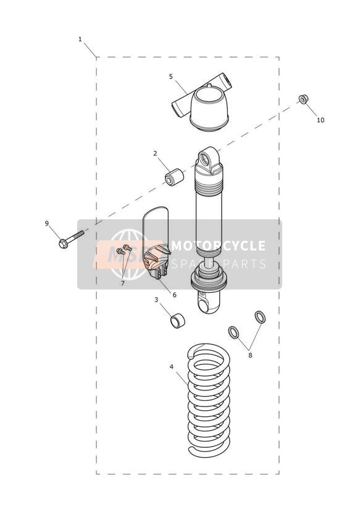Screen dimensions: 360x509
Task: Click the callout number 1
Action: [x=80, y=40]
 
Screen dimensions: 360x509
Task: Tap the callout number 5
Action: [x=171, y=77]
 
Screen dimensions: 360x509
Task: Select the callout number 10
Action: [x=320, y=120]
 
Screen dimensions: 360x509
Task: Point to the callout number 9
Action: [x=47, y=224]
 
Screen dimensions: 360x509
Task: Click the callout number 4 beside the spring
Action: [x=172, y=367]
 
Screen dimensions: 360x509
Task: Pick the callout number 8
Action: [x=250, y=355]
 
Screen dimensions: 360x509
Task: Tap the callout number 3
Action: [x=156, y=300]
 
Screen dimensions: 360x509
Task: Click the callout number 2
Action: [x=155, y=153]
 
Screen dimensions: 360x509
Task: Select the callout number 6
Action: [x=174, y=295]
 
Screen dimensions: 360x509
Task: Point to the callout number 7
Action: [x=123, y=284]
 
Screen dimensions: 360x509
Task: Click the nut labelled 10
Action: [x=304, y=99]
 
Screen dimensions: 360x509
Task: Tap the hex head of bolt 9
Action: [x=64, y=243]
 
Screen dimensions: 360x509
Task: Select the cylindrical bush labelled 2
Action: [x=174, y=177]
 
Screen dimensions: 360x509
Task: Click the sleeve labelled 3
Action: [x=177, y=321]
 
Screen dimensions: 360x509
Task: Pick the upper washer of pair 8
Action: [x=260, y=317]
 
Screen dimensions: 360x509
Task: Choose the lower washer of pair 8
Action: [x=234, y=332]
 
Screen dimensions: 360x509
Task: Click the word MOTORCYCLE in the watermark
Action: [x=218, y=246]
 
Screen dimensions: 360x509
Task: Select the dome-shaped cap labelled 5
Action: [x=209, y=109]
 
